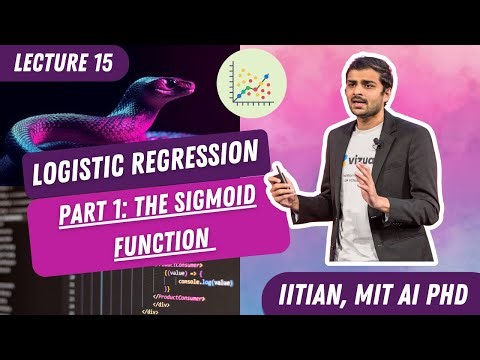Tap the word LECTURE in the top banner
(54, 66)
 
